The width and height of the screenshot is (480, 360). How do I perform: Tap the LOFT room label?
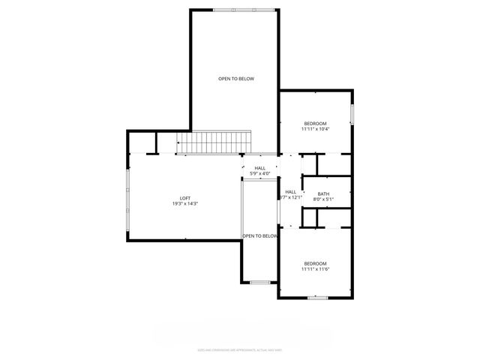(184, 198)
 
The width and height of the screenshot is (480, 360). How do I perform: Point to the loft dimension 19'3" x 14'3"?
(184, 203)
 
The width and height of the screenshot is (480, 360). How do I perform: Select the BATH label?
(323, 194)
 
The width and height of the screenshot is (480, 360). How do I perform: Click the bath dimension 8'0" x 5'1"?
(323, 199)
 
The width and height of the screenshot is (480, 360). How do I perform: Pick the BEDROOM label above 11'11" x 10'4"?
(315, 123)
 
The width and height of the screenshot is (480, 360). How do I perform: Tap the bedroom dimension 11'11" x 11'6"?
(315, 268)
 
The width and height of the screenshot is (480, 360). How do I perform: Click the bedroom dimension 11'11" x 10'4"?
(315, 129)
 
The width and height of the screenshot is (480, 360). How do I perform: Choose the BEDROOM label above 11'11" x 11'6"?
(315, 263)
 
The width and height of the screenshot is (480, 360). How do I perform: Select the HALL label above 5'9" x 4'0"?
(259, 168)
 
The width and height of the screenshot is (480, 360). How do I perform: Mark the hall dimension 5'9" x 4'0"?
(259, 173)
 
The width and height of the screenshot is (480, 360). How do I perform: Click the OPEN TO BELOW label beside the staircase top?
(235, 79)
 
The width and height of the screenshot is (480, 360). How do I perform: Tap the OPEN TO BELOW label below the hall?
(259, 235)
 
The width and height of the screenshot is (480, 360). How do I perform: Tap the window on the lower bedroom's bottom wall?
(317, 298)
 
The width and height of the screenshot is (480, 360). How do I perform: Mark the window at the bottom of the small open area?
(259, 282)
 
